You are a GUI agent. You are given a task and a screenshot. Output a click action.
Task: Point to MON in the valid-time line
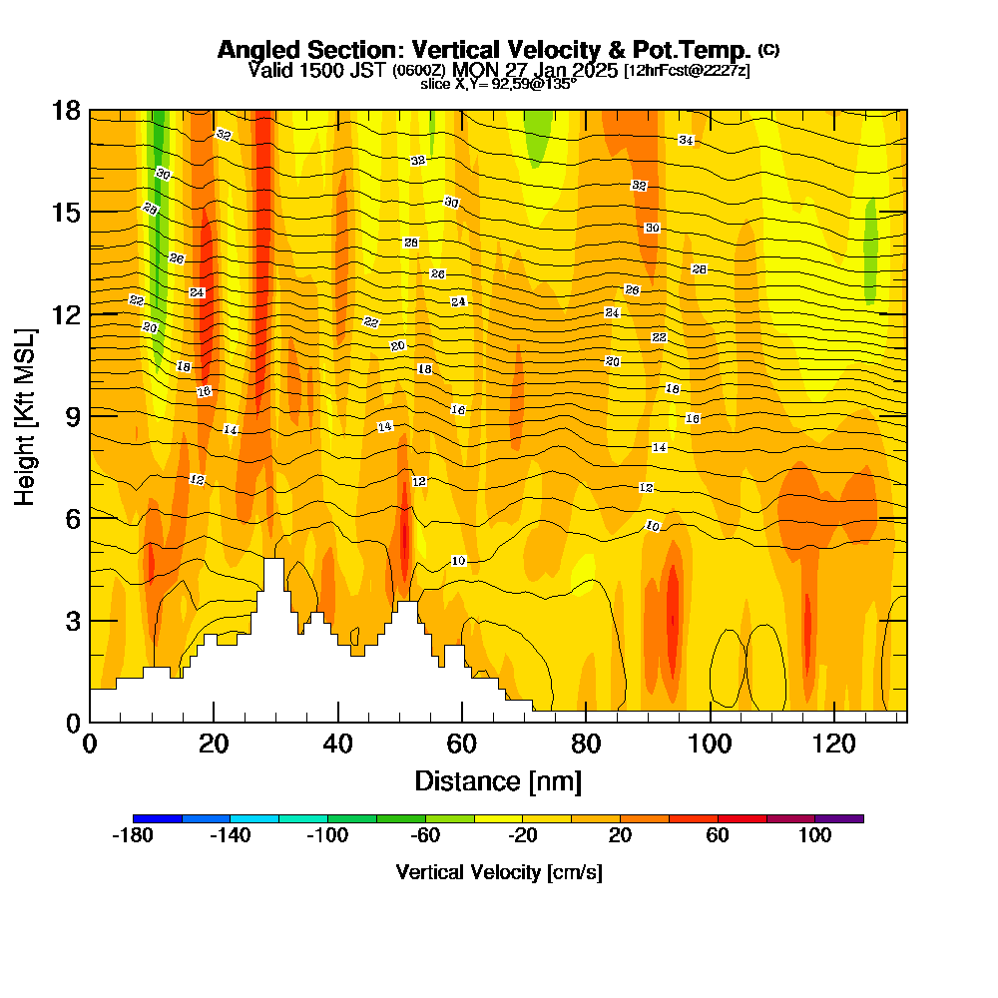point(474,71)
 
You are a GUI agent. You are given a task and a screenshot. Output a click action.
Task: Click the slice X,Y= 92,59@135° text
point(498,84)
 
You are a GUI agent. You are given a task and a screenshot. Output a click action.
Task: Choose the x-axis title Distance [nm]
point(498,779)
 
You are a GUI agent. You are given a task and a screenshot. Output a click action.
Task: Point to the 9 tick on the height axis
point(73,416)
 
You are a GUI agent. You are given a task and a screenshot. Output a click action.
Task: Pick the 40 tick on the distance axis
point(338,744)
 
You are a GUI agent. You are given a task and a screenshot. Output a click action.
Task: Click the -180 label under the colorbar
point(133,836)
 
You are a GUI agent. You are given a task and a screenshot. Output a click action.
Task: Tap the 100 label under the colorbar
point(814,836)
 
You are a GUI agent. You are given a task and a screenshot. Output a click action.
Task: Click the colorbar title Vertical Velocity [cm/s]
point(498,872)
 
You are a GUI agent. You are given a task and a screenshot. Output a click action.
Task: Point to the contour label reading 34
point(686,140)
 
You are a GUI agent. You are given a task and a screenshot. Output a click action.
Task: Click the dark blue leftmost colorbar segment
point(157,818)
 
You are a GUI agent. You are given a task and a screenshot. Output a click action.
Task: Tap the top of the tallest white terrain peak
point(273,560)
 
